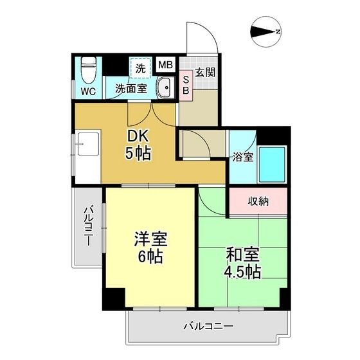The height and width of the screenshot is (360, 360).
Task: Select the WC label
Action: [x=88, y=91]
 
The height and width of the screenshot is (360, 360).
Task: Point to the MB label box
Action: [x=165, y=65]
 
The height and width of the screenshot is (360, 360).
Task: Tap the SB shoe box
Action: [x=185, y=85]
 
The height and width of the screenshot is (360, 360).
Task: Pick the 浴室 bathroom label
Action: [x=243, y=157]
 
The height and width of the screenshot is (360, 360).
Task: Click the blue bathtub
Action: [x=272, y=165]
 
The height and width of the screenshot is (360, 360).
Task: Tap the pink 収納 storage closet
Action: [x=258, y=201]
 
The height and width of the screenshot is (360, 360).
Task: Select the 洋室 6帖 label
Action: [x=150, y=249]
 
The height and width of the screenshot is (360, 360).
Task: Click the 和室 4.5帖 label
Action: [x=242, y=262]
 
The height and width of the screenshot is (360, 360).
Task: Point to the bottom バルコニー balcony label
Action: [x=206, y=326]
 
